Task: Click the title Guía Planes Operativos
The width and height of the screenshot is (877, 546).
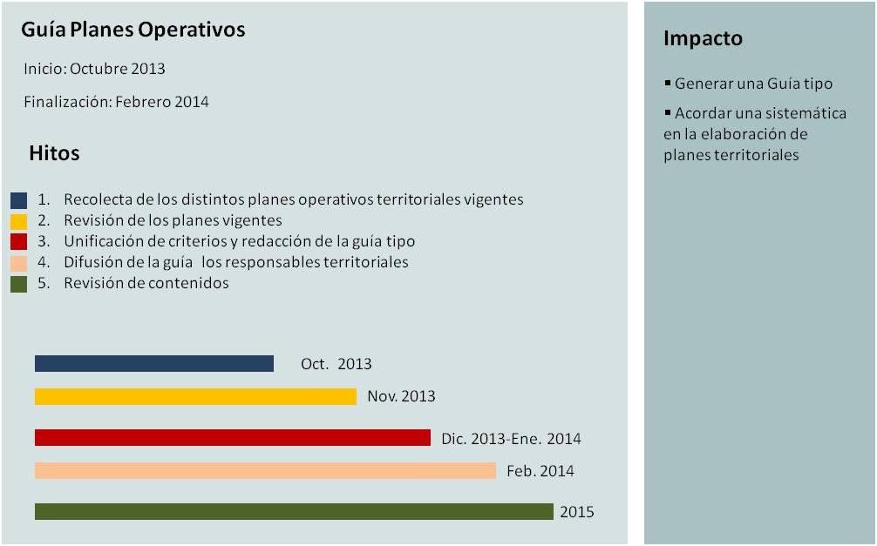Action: coord(133,30)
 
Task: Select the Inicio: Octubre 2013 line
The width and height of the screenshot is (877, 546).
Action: coord(94,69)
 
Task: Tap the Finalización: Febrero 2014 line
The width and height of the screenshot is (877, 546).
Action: coord(116,102)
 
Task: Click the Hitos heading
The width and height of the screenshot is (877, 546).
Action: coord(54,153)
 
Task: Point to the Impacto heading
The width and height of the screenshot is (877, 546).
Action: coord(703,38)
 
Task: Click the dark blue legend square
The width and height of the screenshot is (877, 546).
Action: coord(19,200)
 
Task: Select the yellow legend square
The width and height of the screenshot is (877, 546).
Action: coord(19,221)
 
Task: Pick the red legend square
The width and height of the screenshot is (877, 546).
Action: coord(19,242)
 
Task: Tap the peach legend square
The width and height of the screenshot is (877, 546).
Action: coord(19,263)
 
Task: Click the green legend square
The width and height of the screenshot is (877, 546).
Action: coord(19,284)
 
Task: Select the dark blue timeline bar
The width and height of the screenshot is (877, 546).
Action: coord(154,364)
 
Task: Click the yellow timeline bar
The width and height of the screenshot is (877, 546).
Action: coord(195,397)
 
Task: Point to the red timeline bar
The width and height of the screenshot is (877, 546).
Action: coord(233,438)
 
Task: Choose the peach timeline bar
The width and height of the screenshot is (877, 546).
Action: coord(265,471)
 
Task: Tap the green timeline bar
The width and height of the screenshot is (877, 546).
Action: coord(294,512)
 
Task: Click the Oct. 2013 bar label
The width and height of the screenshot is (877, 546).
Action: coord(336,364)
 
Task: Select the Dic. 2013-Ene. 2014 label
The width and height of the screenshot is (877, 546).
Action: coord(511,439)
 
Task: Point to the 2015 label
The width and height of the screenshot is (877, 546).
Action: coord(576,512)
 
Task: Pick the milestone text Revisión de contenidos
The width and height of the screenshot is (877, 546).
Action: coord(146,283)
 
